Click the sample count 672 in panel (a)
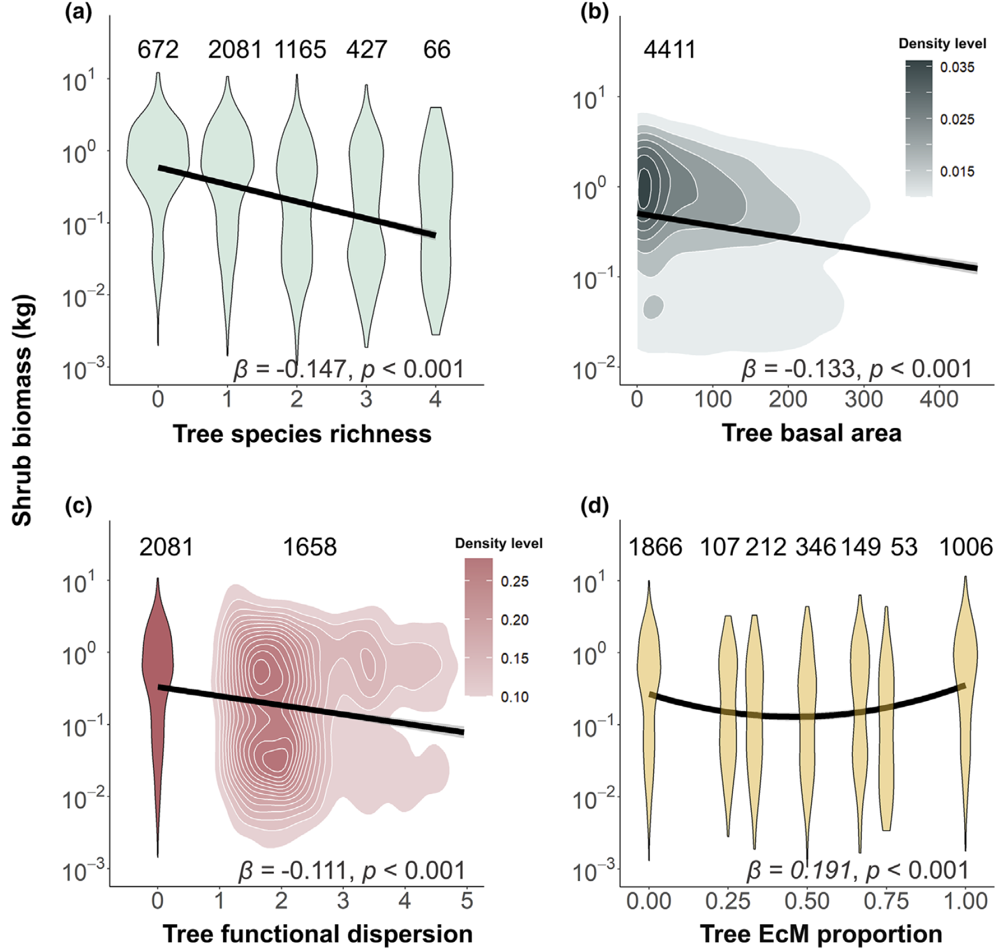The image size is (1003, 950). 158,49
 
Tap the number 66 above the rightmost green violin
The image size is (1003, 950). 437,49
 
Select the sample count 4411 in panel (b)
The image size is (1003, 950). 670,49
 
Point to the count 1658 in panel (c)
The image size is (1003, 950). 310,547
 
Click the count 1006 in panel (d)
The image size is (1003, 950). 966,547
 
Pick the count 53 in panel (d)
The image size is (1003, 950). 904,547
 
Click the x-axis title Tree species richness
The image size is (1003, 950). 302,434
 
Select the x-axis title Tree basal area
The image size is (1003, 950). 812,433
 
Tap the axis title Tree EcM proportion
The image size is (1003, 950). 821,934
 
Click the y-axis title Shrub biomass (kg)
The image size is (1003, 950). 22,410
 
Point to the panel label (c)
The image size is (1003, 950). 78,506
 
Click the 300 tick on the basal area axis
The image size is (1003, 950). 863,399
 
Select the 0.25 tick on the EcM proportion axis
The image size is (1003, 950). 728,901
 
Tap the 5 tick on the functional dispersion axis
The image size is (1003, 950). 467,901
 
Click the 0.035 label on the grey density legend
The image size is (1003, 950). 957,67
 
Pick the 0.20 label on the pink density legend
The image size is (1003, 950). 514,620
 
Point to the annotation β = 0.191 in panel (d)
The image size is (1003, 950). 800,870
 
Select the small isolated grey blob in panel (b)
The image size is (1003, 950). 653,307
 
